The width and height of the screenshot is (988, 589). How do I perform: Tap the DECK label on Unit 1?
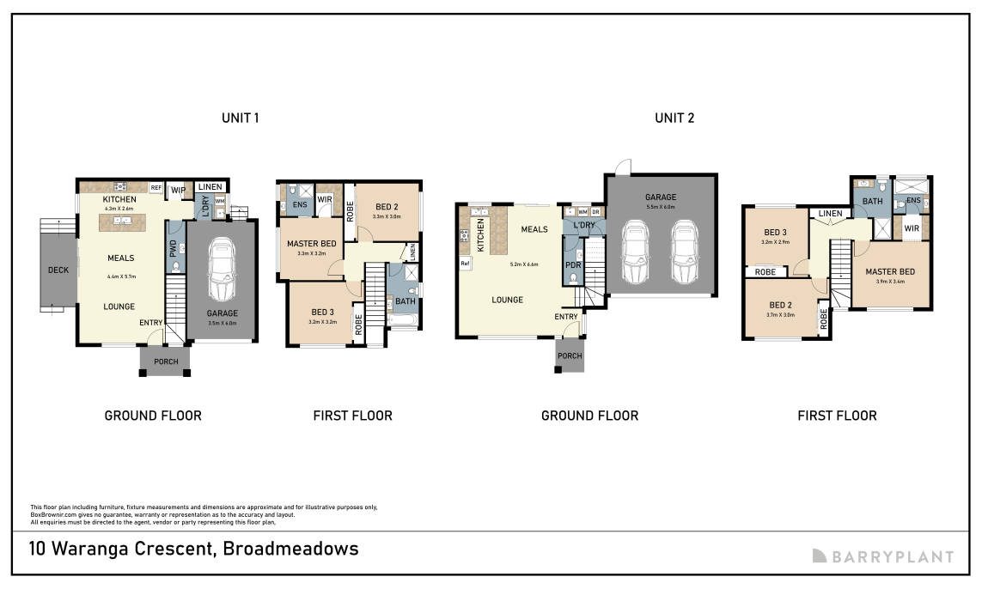pyautogui.click(x=58, y=270)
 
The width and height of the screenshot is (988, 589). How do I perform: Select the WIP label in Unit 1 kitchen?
pyautogui.click(x=179, y=189)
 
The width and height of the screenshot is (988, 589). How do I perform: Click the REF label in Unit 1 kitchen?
pyautogui.click(x=156, y=187)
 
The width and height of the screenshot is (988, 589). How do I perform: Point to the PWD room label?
pyautogui.click(x=174, y=247)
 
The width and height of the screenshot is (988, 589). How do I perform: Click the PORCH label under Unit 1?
pyautogui.click(x=166, y=361)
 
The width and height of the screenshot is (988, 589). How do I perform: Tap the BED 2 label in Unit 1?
pyautogui.click(x=386, y=206)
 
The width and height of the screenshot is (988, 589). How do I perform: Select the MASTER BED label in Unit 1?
pyautogui.click(x=311, y=244)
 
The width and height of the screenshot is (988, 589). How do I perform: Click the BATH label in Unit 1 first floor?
pyautogui.click(x=406, y=301)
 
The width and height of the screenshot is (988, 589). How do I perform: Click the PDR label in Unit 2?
pyautogui.click(x=573, y=265)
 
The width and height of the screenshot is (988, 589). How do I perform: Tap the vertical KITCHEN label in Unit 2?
pyautogui.click(x=480, y=234)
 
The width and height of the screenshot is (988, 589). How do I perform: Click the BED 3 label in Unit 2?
pyautogui.click(x=775, y=233)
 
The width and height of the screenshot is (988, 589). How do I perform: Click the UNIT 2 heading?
pyautogui.click(x=674, y=118)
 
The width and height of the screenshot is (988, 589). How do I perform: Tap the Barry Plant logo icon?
pyautogui.click(x=820, y=556)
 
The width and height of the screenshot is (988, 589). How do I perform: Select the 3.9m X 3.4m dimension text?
pyautogui.click(x=889, y=281)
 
